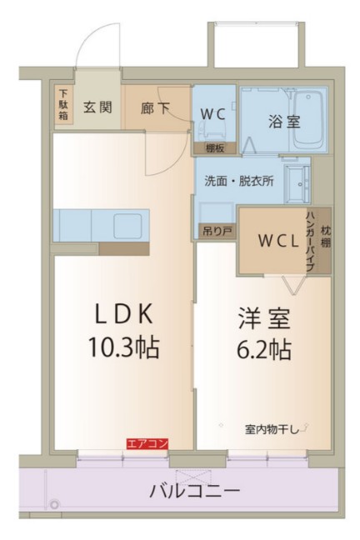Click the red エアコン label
point(147,444)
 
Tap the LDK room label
point(123,314)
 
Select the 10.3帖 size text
point(123,346)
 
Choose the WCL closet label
point(272,241)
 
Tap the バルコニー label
point(195,489)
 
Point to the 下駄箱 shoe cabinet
point(63,106)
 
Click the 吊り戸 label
point(214,231)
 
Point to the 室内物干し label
point(271,429)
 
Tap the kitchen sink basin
point(127,224)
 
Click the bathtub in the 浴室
point(309,119)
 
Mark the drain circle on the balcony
point(54,504)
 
